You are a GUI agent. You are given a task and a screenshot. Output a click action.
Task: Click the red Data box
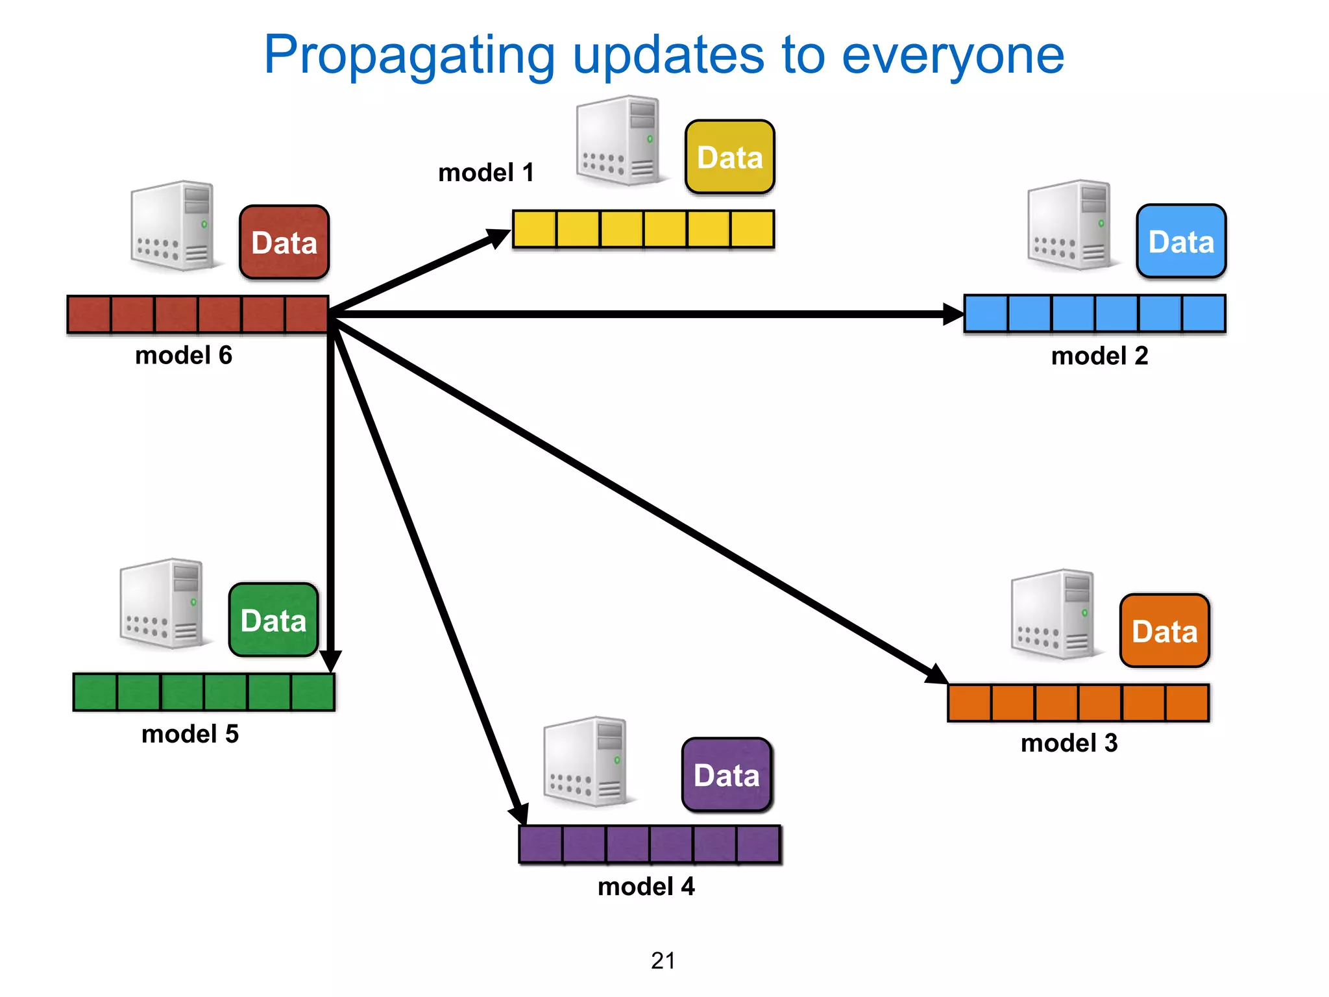pyautogui.click(x=284, y=242)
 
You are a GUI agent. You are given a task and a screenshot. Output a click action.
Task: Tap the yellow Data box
pyautogui.click(x=729, y=157)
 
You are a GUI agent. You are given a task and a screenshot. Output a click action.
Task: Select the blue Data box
pyautogui.click(x=1181, y=241)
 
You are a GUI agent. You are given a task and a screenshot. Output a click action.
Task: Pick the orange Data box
pyautogui.click(x=1164, y=631)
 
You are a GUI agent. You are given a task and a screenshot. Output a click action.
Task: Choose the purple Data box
pyautogui.click(x=726, y=775)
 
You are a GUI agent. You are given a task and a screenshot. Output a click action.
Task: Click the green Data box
pyautogui.click(x=273, y=620)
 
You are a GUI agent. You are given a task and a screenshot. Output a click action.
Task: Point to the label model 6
pyautogui.click(x=184, y=355)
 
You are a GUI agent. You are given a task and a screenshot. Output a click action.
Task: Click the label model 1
pyautogui.click(x=486, y=173)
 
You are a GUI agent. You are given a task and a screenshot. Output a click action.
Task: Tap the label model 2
pyautogui.click(x=1099, y=356)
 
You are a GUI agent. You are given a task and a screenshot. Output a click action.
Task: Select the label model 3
pyautogui.click(x=1069, y=743)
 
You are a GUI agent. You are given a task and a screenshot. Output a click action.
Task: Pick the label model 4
pyautogui.click(x=646, y=887)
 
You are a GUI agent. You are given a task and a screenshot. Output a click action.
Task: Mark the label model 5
pyautogui.click(x=190, y=734)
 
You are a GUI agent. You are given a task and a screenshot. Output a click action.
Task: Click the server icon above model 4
pyautogui.click(x=586, y=762)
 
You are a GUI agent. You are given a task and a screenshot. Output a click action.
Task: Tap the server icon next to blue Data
pyautogui.click(x=1071, y=225)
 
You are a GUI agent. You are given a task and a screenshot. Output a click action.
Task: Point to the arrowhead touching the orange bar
pyautogui.click(x=936, y=674)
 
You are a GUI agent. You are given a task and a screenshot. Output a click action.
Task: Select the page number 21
pyautogui.click(x=663, y=961)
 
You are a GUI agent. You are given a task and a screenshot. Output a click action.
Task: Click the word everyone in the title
pyautogui.click(x=953, y=55)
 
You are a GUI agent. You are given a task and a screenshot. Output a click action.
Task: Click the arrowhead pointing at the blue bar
pyautogui.click(x=952, y=314)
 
